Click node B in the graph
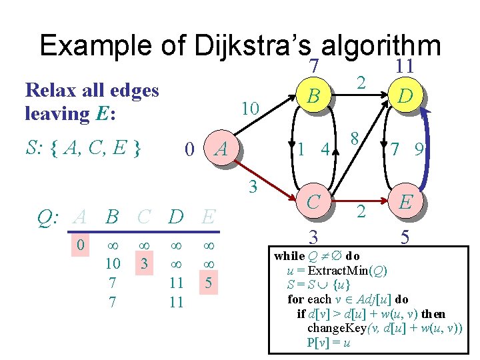click(x=311, y=97)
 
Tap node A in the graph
click(x=221, y=150)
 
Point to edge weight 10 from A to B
click(x=251, y=107)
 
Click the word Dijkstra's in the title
click(x=254, y=46)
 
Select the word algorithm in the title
click(x=381, y=46)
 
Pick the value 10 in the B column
click(x=112, y=263)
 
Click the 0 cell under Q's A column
click(x=80, y=245)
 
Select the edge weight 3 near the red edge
click(x=253, y=188)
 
